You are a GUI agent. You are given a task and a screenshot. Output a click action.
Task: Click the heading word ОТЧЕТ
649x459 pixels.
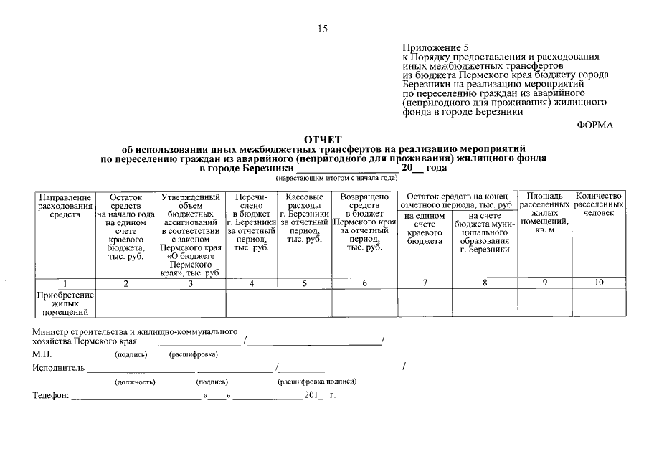[323, 139]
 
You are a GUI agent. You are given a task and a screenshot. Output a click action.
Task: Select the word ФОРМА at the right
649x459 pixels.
[595, 125]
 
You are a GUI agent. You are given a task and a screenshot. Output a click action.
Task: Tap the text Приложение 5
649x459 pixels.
[435, 47]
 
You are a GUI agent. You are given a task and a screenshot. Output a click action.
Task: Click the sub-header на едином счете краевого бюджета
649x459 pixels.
[425, 229]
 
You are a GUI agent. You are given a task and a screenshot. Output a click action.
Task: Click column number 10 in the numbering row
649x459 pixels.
[599, 283]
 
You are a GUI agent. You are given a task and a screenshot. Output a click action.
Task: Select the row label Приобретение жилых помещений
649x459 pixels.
[65, 303]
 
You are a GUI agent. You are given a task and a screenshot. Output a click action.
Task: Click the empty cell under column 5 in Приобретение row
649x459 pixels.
[304, 303]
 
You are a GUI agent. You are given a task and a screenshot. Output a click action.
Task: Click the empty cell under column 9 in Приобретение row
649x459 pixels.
[545, 303]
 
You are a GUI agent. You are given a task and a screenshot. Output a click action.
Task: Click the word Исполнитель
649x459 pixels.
[58, 368]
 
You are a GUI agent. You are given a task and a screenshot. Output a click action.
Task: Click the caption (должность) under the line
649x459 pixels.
[135, 382]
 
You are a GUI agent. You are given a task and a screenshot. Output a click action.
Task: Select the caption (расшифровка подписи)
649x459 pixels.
[317, 382]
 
